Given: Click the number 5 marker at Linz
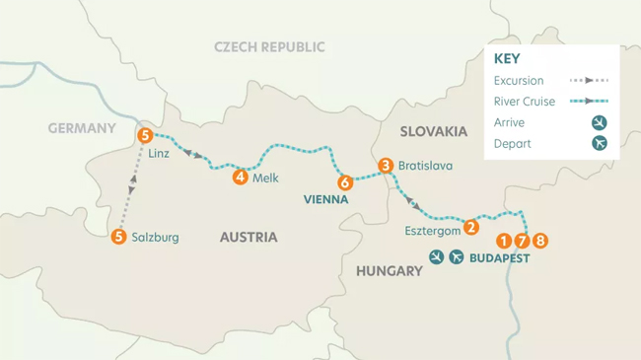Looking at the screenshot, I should point(145,135).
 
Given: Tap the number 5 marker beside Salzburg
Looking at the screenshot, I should point(119,237).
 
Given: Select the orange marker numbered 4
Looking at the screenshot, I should point(240,178).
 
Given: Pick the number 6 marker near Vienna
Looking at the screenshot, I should point(344,182).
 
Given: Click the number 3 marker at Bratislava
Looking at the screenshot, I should point(386,166).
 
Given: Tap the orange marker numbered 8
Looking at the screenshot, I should point(539,241).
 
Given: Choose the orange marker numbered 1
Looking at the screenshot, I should point(504,241).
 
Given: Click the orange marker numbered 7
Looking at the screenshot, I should point(522,241).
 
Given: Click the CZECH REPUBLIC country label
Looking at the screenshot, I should point(269,47).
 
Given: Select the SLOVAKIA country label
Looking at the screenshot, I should point(433,131).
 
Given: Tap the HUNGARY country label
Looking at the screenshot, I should point(389,270).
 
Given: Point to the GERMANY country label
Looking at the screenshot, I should point(82,128).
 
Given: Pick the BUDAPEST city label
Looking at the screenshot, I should point(499,258).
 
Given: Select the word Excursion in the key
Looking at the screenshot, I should point(519,81).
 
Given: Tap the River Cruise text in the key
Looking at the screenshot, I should point(526,102).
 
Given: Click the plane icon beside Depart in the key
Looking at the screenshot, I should point(599,143).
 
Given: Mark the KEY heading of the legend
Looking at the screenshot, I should point(508,58).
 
